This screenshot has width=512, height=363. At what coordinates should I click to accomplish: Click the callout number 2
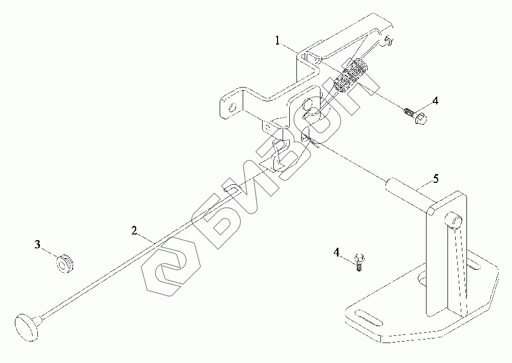[134, 231]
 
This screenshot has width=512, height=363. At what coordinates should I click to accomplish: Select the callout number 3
[37, 245]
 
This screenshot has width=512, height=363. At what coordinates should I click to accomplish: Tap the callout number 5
[435, 179]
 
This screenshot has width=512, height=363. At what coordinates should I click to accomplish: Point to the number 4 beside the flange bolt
[435, 101]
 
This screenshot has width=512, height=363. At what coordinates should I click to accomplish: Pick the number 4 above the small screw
[336, 252]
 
